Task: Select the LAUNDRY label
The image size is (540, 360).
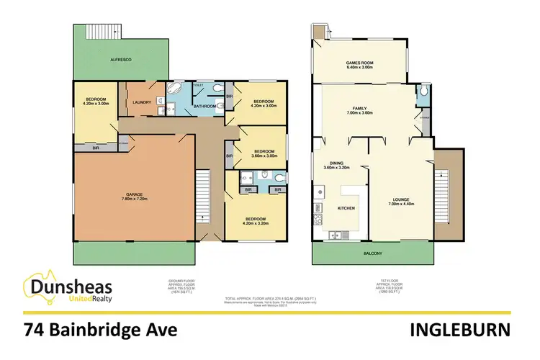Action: (142, 102)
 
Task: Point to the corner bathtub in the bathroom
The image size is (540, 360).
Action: (175, 90)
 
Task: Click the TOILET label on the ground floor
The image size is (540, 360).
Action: (199, 86)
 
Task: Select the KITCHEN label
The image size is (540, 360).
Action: (347, 209)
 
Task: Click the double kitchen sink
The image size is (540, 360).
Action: (335, 235)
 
